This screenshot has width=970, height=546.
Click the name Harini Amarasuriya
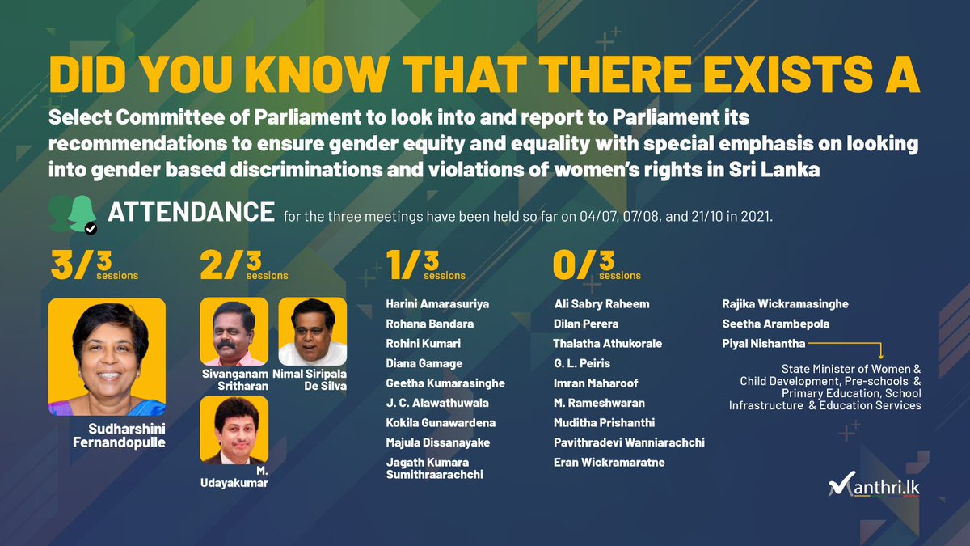click(x=437, y=304)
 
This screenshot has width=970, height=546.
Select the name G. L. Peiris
click(x=582, y=363)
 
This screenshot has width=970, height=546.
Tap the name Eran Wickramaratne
click(x=609, y=463)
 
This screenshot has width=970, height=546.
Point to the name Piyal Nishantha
click(x=764, y=344)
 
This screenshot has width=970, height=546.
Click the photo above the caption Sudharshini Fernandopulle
click(x=107, y=357)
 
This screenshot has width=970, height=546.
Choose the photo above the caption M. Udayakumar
click(x=234, y=430)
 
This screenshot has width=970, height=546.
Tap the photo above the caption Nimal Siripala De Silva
click(x=313, y=332)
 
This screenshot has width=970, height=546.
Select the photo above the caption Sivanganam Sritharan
click(x=234, y=332)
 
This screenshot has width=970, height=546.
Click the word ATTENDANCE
click(x=192, y=212)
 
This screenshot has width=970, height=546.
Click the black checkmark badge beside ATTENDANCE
click(x=91, y=228)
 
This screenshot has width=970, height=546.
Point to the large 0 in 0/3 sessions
click(x=566, y=265)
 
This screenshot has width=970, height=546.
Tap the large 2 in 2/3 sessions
click(x=211, y=265)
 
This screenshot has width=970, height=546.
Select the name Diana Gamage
click(x=424, y=363)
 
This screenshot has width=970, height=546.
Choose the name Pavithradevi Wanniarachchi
click(x=629, y=442)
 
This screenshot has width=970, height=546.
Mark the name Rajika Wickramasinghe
click(x=785, y=304)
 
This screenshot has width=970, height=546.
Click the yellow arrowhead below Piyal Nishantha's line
click(x=881, y=356)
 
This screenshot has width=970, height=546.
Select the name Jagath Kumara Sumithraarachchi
click(x=434, y=468)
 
